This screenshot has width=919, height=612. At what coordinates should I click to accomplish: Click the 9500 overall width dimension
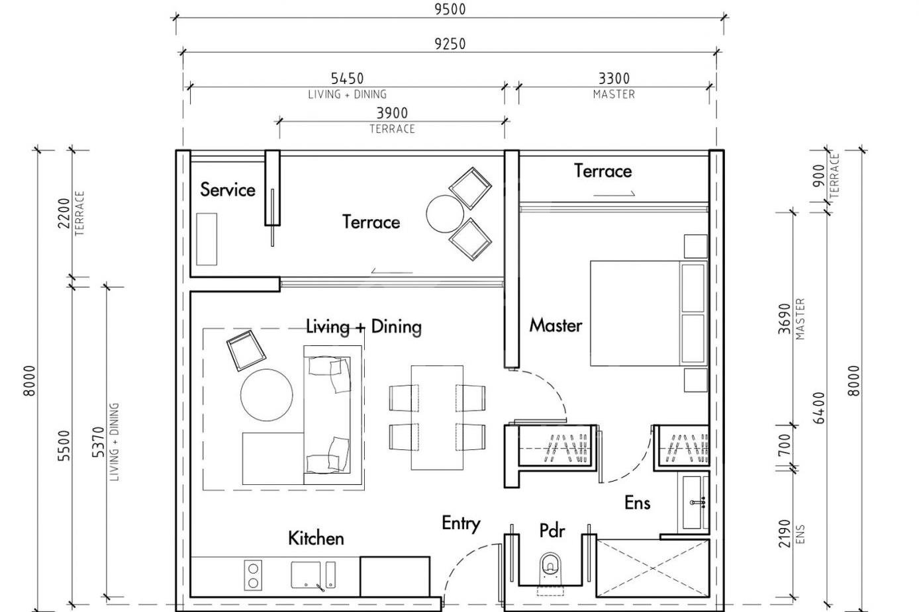click(x=450, y=9)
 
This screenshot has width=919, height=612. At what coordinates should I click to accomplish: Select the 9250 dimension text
click(x=450, y=44)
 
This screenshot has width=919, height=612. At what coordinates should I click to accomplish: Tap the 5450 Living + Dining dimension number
click(x=347, y=79)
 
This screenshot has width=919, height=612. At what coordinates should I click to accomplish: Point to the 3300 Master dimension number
click(x=614, y=79)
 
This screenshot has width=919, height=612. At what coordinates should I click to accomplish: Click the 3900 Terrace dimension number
click(x=392, y=113)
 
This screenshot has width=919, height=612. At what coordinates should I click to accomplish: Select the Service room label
click(x=228, y=190)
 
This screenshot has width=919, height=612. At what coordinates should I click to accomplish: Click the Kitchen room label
click(x=316, y=538)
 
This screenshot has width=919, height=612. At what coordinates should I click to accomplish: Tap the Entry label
click(x=461, y=523)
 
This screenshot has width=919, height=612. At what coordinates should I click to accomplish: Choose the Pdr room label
click(x=552, y=531)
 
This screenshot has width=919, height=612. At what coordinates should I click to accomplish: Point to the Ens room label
click(x=637, y=503)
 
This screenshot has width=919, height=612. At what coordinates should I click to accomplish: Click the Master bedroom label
click(x=556, y=325)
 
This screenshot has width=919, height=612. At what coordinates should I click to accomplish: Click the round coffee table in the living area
click(x=266, y=395)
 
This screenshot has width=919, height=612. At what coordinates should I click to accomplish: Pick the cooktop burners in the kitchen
click(x=253, y=575)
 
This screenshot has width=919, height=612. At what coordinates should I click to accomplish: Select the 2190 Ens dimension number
click(x=785, y=533)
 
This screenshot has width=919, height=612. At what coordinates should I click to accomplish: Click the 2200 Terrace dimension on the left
click(x=64, y=212)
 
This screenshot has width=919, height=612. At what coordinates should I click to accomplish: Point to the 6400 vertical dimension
click(x=820, y=408)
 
